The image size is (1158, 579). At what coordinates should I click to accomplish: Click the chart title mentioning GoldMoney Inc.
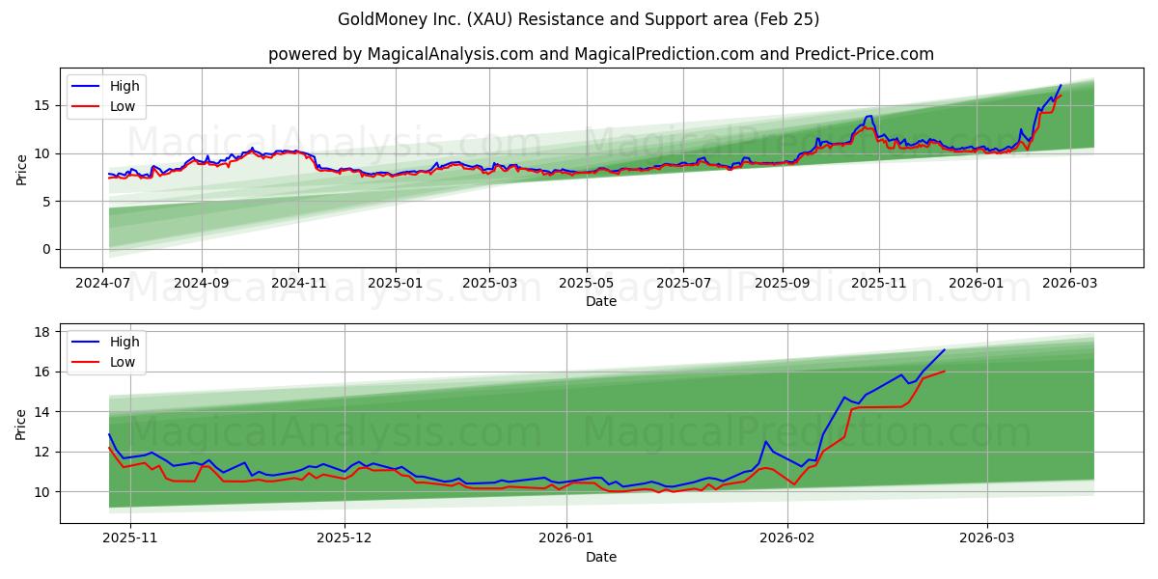click(x=578, y=19)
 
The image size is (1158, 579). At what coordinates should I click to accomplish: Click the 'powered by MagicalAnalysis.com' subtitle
click(x=600, y=54)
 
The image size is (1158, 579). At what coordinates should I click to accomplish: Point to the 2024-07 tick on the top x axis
click(x=103, y=285)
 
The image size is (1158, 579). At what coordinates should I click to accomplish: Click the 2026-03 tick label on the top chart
click(x=1070, y=285)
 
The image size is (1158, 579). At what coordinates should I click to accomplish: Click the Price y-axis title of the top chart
click(x=22, y=169)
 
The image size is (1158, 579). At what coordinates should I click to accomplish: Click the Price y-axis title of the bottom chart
click(x=22, y=424)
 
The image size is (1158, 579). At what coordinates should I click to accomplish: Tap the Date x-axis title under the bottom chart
click(x=600, y=558)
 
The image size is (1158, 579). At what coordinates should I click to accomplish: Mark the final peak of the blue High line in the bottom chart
click(x=944, y=350)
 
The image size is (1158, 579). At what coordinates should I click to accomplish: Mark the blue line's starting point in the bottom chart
click(x=109, y=434)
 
